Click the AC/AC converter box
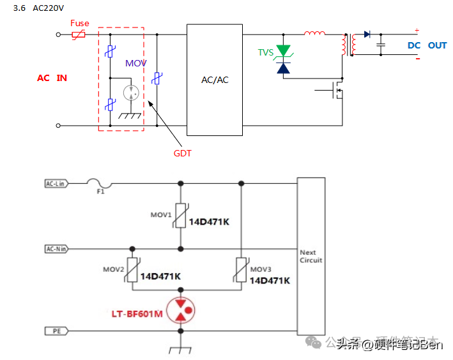215,80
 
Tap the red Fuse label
80,24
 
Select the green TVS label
265,52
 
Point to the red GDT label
183,153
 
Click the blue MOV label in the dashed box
135,63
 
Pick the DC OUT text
427,45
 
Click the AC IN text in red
52,78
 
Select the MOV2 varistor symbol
133,268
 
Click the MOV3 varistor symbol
241,268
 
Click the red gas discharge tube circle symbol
181,310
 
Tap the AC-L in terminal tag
57,184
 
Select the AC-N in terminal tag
57,249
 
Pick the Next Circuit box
311,256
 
